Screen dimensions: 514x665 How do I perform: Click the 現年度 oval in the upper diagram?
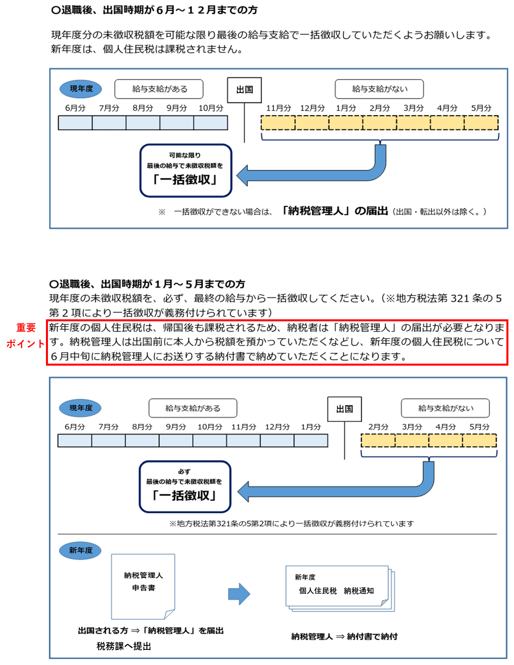81,89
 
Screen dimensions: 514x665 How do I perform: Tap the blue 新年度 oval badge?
80,550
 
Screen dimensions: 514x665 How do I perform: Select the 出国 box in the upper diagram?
245,90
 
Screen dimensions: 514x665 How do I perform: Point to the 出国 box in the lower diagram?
345,409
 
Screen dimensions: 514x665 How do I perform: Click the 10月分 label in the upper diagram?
211,108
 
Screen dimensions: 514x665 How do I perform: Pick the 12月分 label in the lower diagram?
277,427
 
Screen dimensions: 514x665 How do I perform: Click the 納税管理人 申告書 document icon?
143,586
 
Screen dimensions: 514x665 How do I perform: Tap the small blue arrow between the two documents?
239,594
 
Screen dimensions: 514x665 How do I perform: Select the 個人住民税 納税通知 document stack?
340,588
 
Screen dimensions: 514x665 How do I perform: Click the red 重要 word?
26,328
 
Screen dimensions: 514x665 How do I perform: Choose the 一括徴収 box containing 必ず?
185,487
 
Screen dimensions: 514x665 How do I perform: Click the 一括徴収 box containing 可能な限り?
186,170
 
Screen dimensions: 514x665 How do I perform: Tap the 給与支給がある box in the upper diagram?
159,89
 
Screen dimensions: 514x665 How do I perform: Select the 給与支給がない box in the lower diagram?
445,408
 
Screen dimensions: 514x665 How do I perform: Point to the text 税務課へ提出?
124,646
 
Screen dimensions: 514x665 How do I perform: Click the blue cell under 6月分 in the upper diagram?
75,123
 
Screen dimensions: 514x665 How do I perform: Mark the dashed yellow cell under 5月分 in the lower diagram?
480,440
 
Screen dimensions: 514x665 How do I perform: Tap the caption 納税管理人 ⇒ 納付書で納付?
344,637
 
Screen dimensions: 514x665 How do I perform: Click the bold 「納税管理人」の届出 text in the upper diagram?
335,211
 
